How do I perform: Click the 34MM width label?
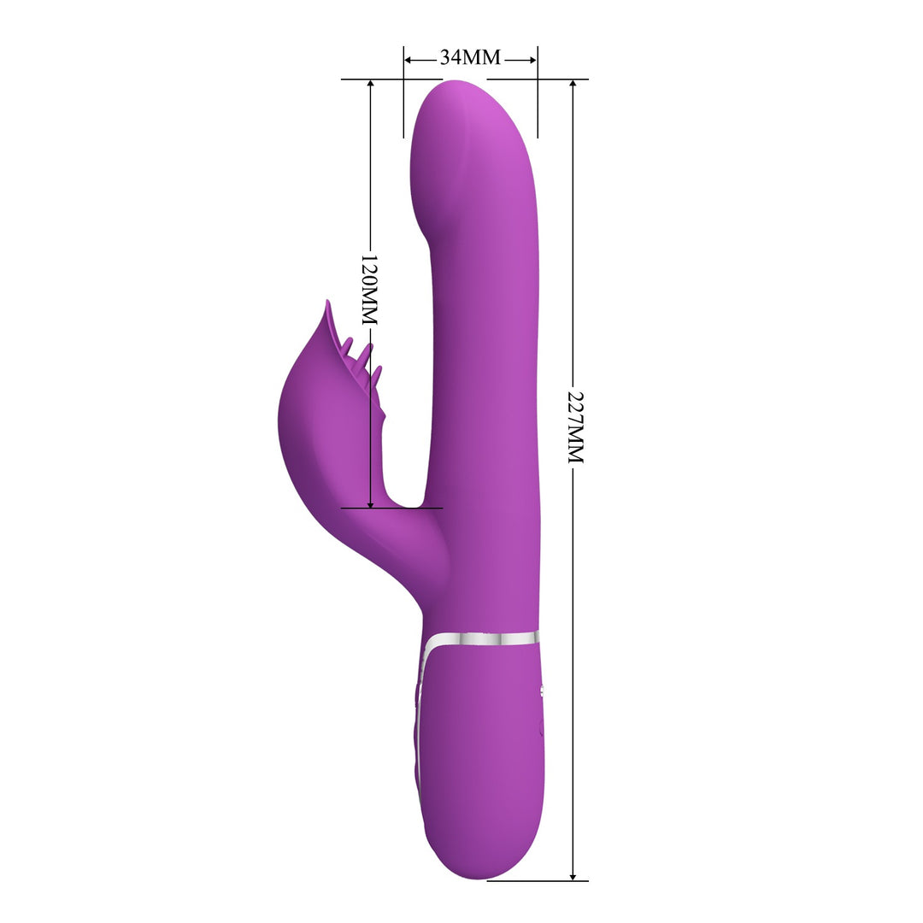(x=470, y=58)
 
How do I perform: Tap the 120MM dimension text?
(x=369, y=289)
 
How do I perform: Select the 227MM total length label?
(x=575, y=427)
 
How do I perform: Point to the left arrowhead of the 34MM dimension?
(x=409, y=60)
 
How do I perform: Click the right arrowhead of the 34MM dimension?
(x=532, y=60)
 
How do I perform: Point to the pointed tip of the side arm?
(x=326, y=303)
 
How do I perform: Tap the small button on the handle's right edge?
(x=543, y=688)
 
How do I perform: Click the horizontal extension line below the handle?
(x=538, y=880)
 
